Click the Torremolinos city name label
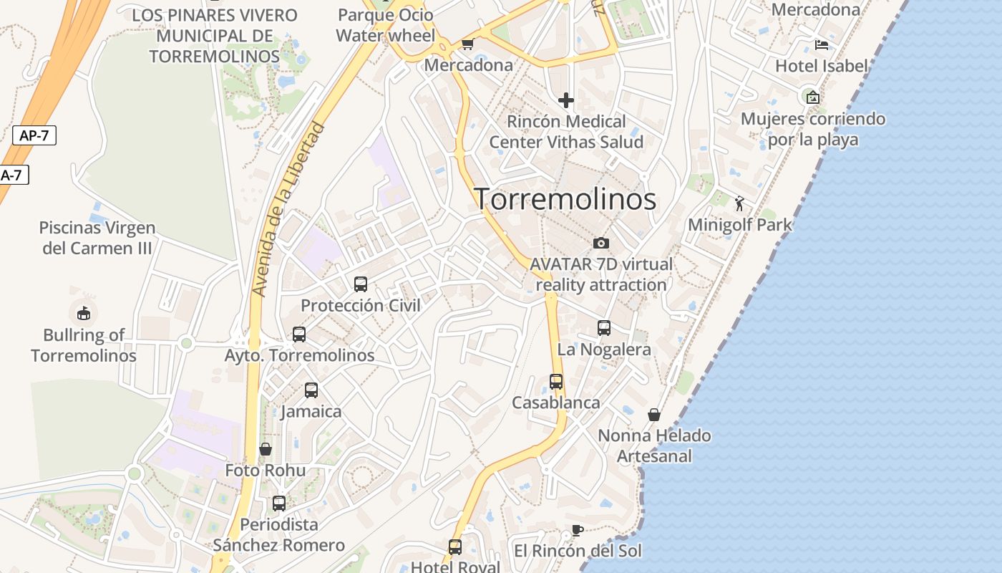(x=565, y=199)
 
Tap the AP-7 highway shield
(x=34, y=135)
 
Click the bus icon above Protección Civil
(x=361, y=284)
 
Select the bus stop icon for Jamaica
(x=311, y=390)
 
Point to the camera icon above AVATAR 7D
(x=601, y=244)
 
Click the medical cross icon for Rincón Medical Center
(x=566, y=100)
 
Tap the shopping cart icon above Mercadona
(x=467, y=44)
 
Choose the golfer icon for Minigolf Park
(x=739, y=203)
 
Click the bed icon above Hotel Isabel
(x=822, y=45)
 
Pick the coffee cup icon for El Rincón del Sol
(x=578, y=530)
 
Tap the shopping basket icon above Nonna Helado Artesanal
(x=654, y=415)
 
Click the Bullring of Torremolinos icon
(x=84, y=313)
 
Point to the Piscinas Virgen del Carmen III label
(x=97, y=238)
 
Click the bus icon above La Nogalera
(x=604, y=328)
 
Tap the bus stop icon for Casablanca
(x=556, y=382)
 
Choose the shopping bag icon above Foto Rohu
(x=266, y=449)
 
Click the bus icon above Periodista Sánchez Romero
(x=279, y=503)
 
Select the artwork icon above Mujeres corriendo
(x=812, y=97)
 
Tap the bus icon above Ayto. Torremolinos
(x=299, y=334)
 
